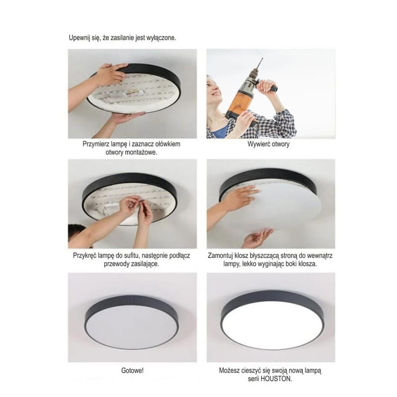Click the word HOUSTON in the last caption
click(x=281, y=378)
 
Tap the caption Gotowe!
click(x=132, y=371)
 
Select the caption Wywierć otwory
click(x=268, y=144)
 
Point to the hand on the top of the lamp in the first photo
click(x=110, y=74)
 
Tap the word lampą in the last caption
click(x=313, y=371)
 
